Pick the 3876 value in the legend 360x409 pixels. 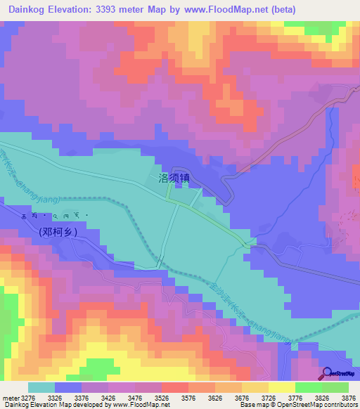pos(348,397)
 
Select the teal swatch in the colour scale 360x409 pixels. pos(41,387)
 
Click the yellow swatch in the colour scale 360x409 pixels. pos(281,387)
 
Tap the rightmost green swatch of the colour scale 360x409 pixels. pos(335,387)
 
